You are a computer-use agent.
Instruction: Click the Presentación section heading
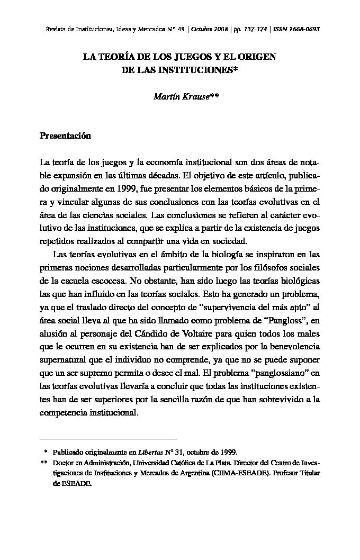pos(66,136)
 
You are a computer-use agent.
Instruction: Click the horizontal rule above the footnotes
pos(108,439)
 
